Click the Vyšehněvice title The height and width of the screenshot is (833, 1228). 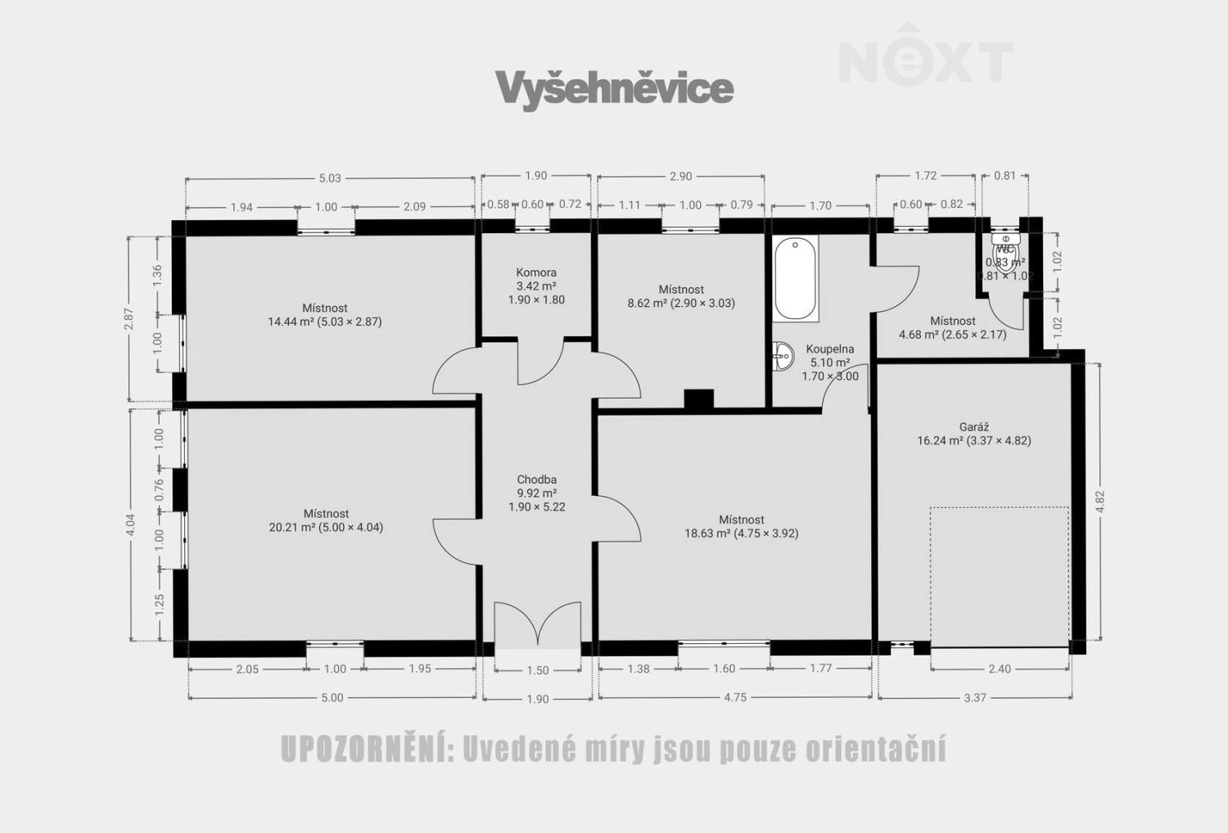[x=614, y=88]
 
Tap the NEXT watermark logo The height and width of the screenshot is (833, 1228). [x=926, y=57]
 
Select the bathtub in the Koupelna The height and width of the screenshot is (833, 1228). [x=796, y=278]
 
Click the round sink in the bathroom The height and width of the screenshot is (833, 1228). [x=783, y=355]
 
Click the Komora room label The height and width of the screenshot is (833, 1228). [x=536, y=272]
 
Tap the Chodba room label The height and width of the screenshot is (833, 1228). [x=536, y=480]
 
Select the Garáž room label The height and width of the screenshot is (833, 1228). [x=974, y=426]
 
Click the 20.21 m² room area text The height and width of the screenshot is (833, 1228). [x=326, y=528]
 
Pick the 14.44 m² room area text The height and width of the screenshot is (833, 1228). [x=324, y=322]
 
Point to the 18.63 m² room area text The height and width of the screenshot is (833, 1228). [x=741, y=534]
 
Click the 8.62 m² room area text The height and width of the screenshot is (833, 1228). [x=680, y=303]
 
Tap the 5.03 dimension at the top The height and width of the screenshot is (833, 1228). [x=330, y=178]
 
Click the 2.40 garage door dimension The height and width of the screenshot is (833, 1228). [x=1000, y=669]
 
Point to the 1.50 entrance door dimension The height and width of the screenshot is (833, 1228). [x=537, y=670]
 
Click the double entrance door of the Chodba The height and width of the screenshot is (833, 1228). [x=537, y=626]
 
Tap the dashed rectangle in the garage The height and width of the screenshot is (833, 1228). [x=999, y=577]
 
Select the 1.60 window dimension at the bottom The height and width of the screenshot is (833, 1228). [x=724, y=669]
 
